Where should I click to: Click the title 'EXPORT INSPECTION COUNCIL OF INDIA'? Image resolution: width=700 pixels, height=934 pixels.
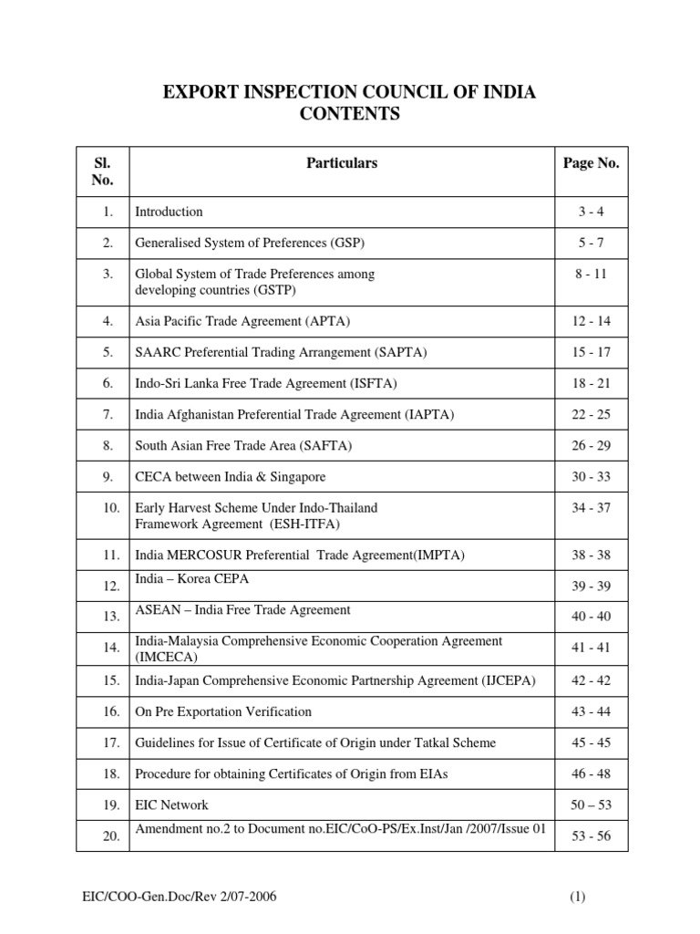[x=349, y=92]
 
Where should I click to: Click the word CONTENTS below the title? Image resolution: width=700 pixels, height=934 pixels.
[x=349, y=114]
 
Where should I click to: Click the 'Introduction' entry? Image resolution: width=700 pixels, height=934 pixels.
[x=169, y=212]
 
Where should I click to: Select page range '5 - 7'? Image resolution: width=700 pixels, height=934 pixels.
[x=591, y=244]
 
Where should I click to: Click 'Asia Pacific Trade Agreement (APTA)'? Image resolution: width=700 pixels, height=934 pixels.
[x=242, y=320]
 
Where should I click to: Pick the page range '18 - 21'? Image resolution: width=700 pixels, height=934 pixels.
[x=591, y=383]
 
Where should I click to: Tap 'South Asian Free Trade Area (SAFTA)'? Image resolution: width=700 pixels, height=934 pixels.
[x=243, y=446]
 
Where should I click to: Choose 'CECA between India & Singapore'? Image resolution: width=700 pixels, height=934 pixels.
[x=230, y=477]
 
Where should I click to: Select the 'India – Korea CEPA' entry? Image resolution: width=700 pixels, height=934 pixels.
[x=191, y=579]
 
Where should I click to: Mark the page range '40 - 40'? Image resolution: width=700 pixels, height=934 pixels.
[x=591, y=617]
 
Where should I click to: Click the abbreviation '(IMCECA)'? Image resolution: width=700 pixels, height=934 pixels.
[x=168, y=656]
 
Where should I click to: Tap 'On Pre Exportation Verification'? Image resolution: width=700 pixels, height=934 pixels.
[x=223, y=711]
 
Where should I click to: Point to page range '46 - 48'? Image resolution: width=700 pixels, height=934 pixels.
[x=591, y=774]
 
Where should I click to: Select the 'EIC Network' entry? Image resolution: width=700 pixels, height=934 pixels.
[x=171, y=805]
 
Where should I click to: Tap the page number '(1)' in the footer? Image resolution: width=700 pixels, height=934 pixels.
[x=577, y=898]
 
